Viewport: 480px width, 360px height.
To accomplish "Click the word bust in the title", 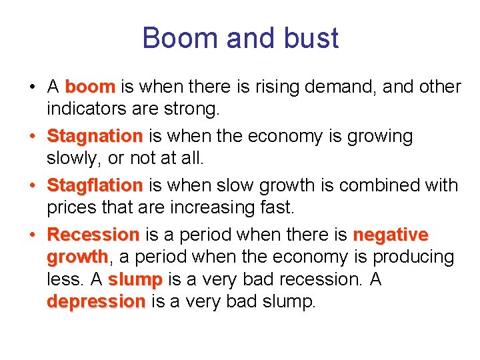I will pyautogui.click(x=310, y=38).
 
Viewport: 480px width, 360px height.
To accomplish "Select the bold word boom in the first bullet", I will pyautogui.click(x=90, y=87).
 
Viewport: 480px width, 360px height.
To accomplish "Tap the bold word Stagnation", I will pyautogui.click(x=95, y=137).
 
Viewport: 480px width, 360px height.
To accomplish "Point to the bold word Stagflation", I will pyautogui.click(x=95, y=185).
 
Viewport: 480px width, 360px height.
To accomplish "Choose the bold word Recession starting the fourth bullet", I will pyautogui.click(x=93, y=235).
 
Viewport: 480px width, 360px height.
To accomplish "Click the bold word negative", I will pyautogui.click(x=390, y=235).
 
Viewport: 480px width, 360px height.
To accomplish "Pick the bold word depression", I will pyautogui.click(x=95, y=301).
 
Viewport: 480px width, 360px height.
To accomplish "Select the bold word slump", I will pyautogui.click(x=135, y=279).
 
